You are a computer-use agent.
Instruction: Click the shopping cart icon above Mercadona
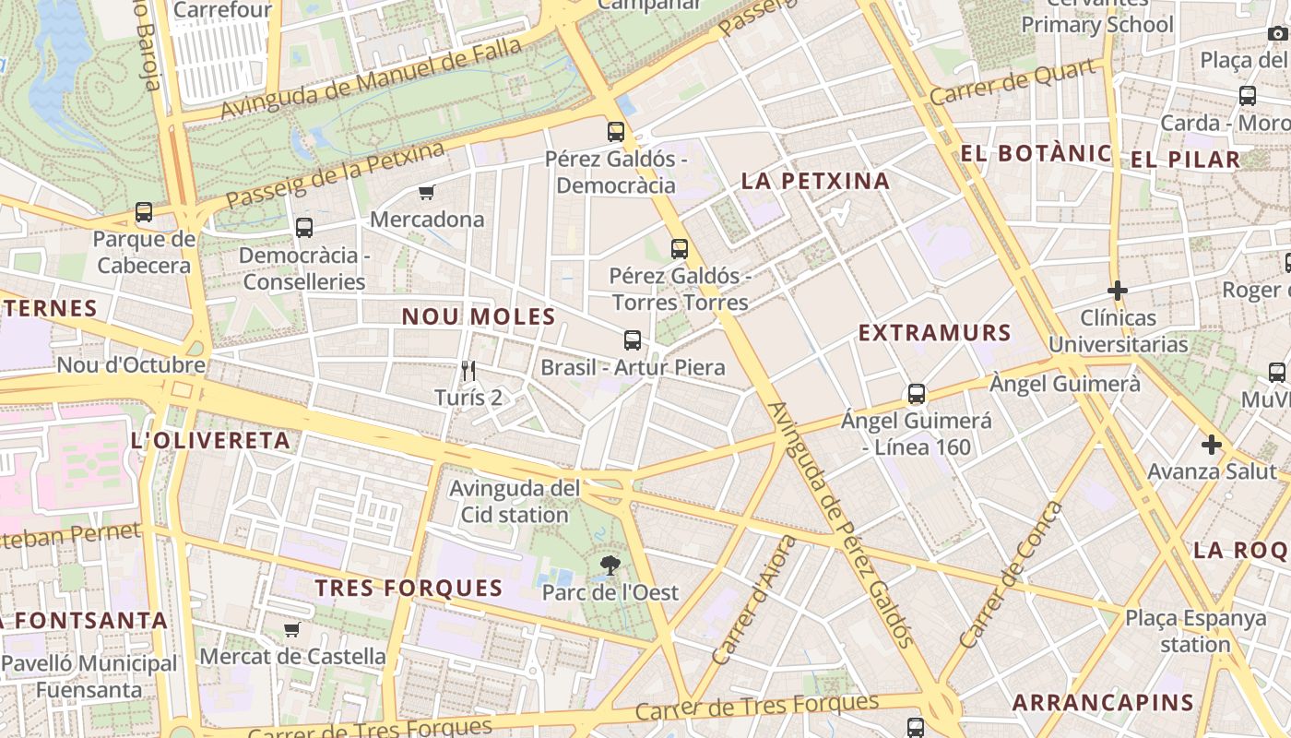(x=426, y=193)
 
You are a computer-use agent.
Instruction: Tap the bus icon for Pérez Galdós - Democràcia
(x=616, y=132)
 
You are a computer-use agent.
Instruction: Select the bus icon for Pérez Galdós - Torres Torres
(x=680, y=248)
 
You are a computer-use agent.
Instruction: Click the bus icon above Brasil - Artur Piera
(x=632, y=340)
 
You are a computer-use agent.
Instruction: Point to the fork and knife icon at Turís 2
(x=468, y=371)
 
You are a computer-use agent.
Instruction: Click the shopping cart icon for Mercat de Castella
(x=292, y=630)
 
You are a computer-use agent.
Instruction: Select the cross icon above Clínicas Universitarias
(x=1118, y=292)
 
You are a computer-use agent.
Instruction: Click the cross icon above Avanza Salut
(x=1211, y=446)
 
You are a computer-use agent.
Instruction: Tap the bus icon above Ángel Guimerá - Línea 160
(x=917, y=394)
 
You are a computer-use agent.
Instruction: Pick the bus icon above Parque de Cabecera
(x=144, y=212)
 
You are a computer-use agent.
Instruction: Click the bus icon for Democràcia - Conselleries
(x=304, y=228)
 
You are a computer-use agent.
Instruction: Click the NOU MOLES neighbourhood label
(x=479, y=317)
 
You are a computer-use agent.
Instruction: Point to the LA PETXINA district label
(x=815, y=182)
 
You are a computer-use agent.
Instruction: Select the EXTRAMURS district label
(x=934, y=333)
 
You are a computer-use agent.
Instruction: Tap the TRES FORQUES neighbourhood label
(x=409, y=589)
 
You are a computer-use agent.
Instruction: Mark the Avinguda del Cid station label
(x=515, y=501)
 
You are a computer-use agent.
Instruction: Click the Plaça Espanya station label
(x=1195, y=631)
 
